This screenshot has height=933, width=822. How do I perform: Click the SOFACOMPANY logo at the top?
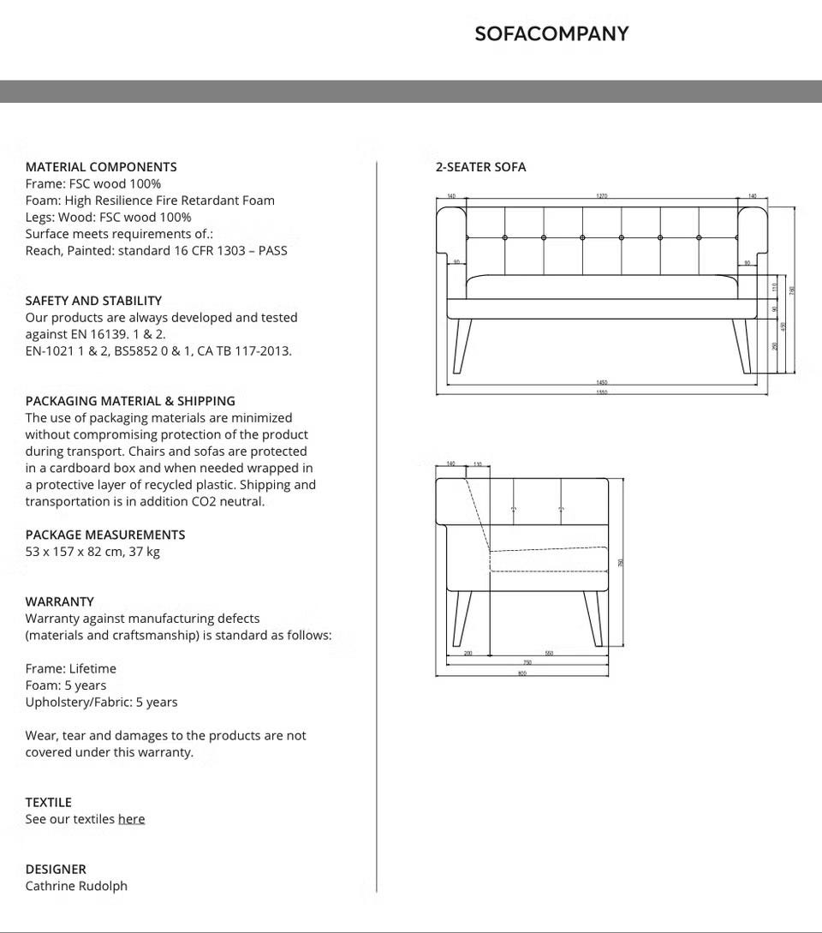tap(551, 33)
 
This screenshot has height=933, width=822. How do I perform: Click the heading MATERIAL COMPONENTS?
tap(101, 167)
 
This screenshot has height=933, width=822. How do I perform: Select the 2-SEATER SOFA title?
tap(480, 167)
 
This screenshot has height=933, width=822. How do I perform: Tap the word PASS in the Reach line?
tap(272, 251)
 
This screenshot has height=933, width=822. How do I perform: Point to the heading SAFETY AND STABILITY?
tap(93, 301)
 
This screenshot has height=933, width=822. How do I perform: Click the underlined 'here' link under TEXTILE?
tap(131, 819)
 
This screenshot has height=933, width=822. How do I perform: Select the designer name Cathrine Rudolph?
tap(76, 886)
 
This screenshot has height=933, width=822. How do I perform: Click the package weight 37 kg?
tap(145, 552)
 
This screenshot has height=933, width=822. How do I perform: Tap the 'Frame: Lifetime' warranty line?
tap(71, 668)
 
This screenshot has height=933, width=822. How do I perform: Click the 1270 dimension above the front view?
tap(602, 196)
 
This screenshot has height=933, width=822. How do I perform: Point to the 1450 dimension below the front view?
tap(602, 383)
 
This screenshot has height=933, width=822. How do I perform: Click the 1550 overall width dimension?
tap(602, 392)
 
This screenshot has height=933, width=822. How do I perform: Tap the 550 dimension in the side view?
tap(549, 654)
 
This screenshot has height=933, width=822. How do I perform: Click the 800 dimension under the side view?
tap(522, 673)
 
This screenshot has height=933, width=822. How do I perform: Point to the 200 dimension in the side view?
tap(468, 654)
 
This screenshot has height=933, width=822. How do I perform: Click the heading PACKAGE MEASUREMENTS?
tap(105, 535)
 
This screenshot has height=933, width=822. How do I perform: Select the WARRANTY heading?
tap(60, 601)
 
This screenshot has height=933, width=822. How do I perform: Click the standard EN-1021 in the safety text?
tap(50, 351)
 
